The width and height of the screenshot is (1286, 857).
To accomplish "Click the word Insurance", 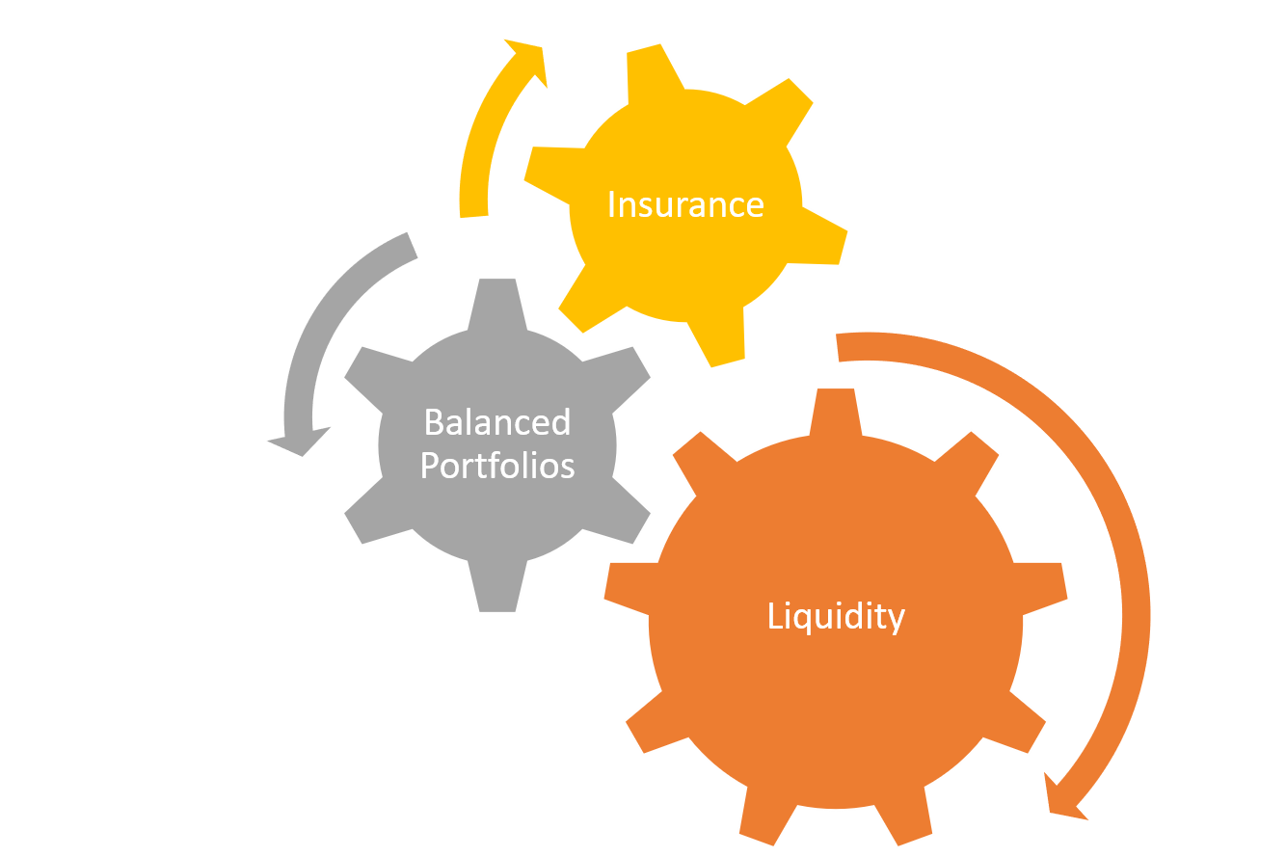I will [685, 204].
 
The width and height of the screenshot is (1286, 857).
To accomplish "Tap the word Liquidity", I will [836, 616].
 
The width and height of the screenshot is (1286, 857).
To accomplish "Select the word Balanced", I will [497, 422].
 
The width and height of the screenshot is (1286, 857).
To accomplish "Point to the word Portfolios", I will [497, 466].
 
